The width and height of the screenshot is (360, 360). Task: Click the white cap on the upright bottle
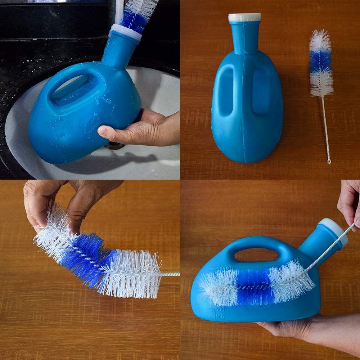point(244,17)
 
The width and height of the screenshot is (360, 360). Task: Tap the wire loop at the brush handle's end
point(329,161)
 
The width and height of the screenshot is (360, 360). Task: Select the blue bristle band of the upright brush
point(320,62)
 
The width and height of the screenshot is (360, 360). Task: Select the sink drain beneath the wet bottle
point(114,146)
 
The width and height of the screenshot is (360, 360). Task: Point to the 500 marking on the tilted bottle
point(220,309)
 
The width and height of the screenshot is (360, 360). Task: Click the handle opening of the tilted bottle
point(256,255)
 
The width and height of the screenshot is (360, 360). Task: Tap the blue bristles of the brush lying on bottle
point(254,287)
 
